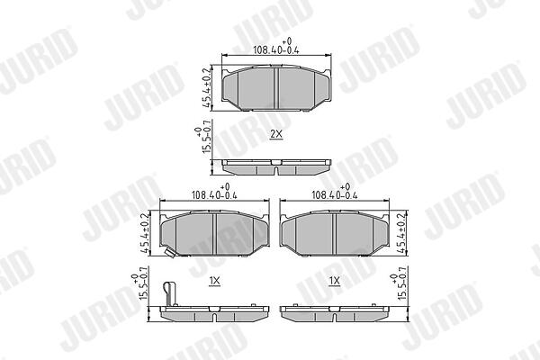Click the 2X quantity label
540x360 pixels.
point(276,134)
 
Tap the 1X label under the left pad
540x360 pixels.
point(214,281)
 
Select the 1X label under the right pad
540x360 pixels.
point(335,281)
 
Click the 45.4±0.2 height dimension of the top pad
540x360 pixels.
point(206,87)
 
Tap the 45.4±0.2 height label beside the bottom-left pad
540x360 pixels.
point(145,233)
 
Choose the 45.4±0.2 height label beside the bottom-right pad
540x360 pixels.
point(402,233)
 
